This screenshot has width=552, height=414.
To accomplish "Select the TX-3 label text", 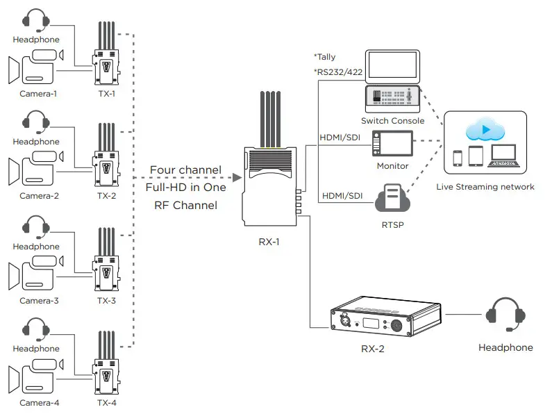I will point(106,301).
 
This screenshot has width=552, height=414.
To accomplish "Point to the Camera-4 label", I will point(39,403).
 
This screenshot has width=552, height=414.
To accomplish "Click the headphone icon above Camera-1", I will point(37,22).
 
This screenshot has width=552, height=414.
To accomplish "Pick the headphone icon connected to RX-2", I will point(505,315).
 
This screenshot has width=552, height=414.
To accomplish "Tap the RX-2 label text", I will point(372,349).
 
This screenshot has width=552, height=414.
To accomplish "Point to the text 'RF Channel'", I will point(185,205).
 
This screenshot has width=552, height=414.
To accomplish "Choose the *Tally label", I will point(325,56).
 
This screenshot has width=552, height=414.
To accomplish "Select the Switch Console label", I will point(392,121).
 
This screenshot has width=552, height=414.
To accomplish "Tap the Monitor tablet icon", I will point(392,145).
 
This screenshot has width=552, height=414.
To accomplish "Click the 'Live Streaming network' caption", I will point(485,186).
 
